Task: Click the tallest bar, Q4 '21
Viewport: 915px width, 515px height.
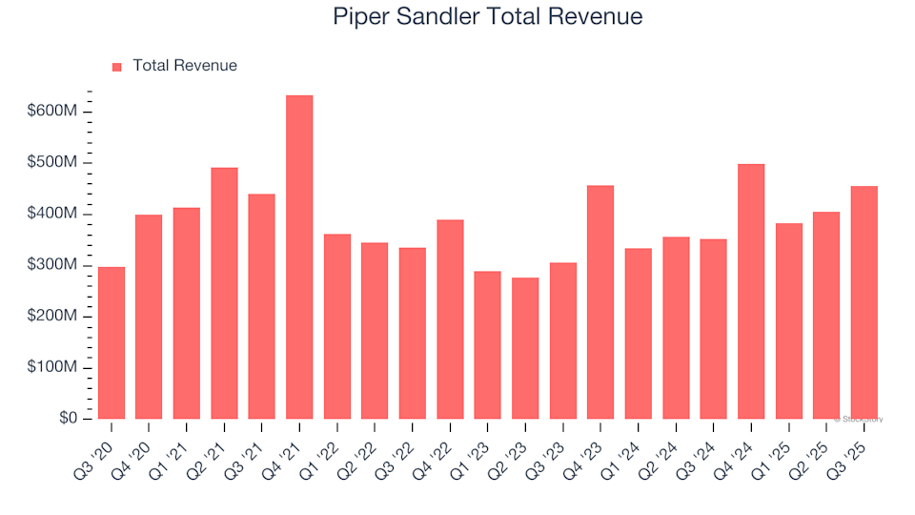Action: pyautogui.click(x=299, y=257)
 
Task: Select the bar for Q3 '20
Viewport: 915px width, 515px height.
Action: pyautogui.click(x=112, y=343)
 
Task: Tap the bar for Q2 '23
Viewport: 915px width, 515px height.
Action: pyautogui.click(x=525, y=348)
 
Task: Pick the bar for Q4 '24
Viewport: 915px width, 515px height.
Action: pyautogui.click(x=751, y=292)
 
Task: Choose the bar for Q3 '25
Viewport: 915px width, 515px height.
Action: pyautogui.click(x=864, y=302)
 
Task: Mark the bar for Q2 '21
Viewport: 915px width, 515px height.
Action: pyautogui.click(x=224, y=294)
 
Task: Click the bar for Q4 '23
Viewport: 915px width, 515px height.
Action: pyautogui.click(x=600, y=302)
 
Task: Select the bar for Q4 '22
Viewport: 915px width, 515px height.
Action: pyautogui.click(x=450, y=319)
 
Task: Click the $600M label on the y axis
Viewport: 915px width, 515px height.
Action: pyautogui.click(x=51, y=112)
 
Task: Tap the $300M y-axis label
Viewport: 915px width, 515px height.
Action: pyautogui.click(x=51, y=265)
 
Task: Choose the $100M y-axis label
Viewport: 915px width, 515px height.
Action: pyautogui.click(x=51, y=368)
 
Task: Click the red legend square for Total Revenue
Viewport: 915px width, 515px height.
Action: pyautogui.click(x=117, y=67)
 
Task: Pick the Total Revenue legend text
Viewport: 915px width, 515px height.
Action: pyautogui.click(x=185, y=66)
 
